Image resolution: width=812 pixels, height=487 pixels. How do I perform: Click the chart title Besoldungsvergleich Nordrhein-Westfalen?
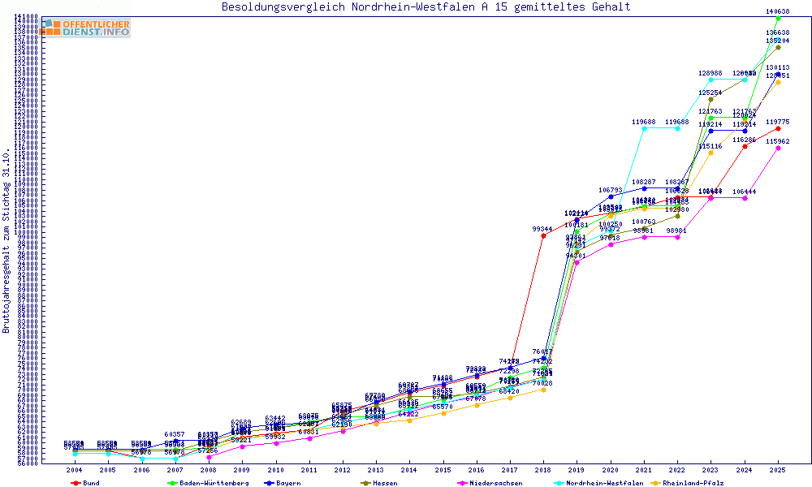tap(425, 7)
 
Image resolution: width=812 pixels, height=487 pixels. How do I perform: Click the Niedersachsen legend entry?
tap(489, 482)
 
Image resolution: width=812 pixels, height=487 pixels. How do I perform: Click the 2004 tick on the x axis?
tap(75, 470)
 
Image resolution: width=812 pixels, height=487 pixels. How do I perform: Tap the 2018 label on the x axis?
tap(542, 470)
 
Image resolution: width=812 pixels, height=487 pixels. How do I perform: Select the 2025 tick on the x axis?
tap(778, 470)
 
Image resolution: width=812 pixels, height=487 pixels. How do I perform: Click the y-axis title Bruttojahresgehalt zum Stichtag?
tap(6, 241)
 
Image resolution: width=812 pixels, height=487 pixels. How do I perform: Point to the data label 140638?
tap(778, 11)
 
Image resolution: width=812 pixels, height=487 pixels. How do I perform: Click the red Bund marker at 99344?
tap(543, 235)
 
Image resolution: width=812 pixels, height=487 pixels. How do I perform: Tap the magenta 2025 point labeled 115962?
tap(778, 148)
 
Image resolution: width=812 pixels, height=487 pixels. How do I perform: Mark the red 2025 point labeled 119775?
tap(778, 128)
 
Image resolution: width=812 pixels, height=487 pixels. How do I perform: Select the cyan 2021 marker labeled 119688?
tap(644, 128)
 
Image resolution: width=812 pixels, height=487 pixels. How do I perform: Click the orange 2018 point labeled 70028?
tap(543, 390)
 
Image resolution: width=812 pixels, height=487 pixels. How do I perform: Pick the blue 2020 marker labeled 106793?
tap(611, 196)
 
